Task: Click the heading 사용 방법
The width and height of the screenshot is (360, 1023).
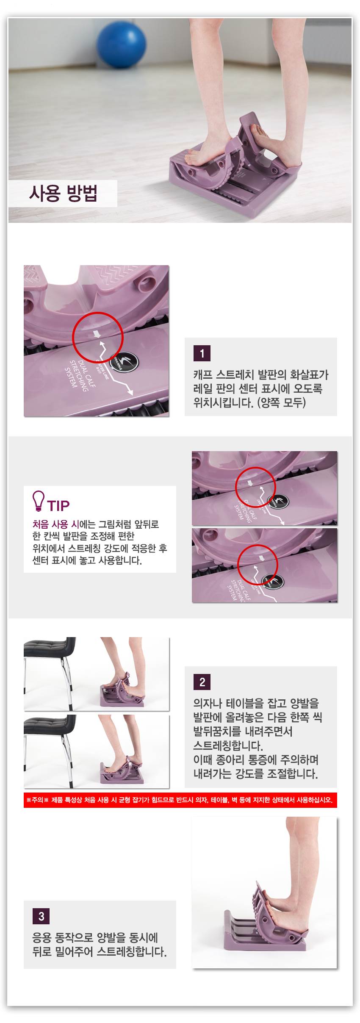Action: click(x=64, y=194)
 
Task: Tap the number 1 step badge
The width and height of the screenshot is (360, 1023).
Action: click(x=202, y=353)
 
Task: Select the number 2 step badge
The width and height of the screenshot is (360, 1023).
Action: click(x=202, y=682)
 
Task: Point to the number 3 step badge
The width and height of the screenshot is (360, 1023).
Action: click(x=41, y=916)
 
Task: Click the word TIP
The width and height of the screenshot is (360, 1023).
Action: click(x=58, y=506)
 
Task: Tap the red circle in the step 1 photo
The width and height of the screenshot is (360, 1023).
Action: click(x=98, y=313)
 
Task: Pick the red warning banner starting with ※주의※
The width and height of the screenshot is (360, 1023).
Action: click(x=180, y=800)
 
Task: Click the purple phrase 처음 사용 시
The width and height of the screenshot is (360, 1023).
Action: click(x=55, y=524)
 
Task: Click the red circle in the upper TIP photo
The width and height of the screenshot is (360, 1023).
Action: click(x=255, y=468)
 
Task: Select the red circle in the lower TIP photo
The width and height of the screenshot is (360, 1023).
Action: click(x=258, y=546)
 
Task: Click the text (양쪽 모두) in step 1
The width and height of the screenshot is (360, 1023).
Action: click(x=282, y=402)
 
